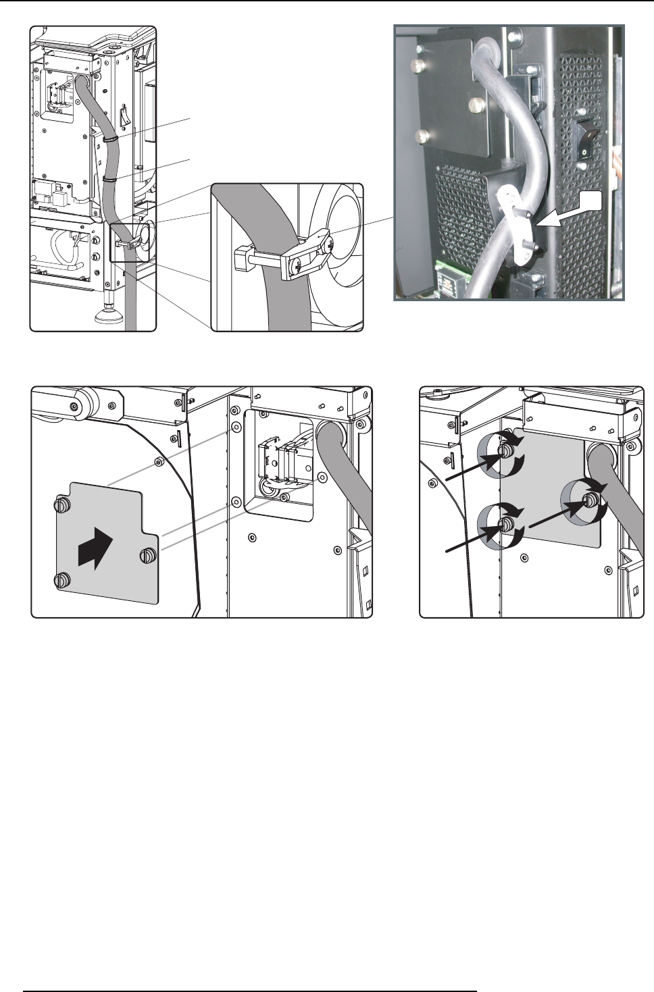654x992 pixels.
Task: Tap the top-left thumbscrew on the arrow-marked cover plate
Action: [x=61, y=504]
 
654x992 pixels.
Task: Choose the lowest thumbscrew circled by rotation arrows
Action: [x=505, y=525]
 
